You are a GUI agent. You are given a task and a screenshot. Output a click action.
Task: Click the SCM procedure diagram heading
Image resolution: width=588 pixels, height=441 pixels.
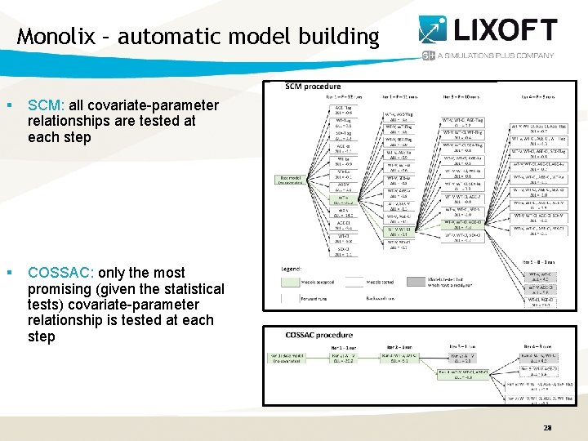pyautogui.click(x=314, y=87)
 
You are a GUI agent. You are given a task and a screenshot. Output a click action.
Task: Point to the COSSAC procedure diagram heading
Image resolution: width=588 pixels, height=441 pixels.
pyautogui.click(x=319, y=335)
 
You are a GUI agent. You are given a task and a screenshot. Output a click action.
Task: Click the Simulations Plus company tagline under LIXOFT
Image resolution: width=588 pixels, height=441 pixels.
pyautogui.click(x=496, y=56)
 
